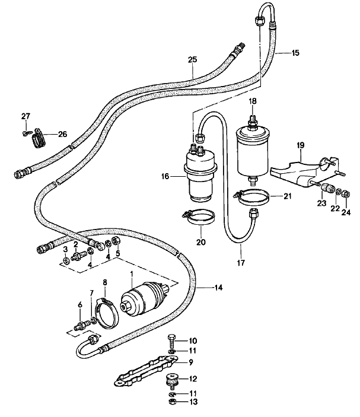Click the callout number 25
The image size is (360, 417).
[192, 60]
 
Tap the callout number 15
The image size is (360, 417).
[295, 53]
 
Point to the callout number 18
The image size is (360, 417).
[252, 101]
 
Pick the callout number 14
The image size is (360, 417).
[219, 288]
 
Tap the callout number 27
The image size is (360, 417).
[26, 115]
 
